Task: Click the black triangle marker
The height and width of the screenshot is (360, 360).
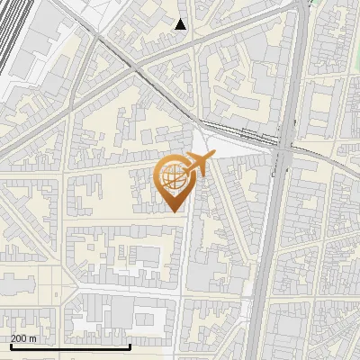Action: [181, 24]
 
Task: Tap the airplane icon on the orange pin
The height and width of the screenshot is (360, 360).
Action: [199, 165]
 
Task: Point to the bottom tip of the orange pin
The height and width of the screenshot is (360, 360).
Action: [173, 211]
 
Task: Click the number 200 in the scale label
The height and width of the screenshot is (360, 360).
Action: [19, 338]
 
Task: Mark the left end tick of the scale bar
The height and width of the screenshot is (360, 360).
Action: [10, 346]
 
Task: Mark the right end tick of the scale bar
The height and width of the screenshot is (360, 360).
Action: [130, 346]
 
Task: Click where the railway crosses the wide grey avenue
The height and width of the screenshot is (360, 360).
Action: [283, 149]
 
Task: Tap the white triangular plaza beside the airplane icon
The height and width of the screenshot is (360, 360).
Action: [205, 144]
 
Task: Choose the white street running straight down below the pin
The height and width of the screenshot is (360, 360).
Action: [186, 270]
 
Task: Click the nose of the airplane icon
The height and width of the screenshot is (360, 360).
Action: [214, 159]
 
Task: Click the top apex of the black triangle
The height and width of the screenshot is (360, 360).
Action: [181, 18]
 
